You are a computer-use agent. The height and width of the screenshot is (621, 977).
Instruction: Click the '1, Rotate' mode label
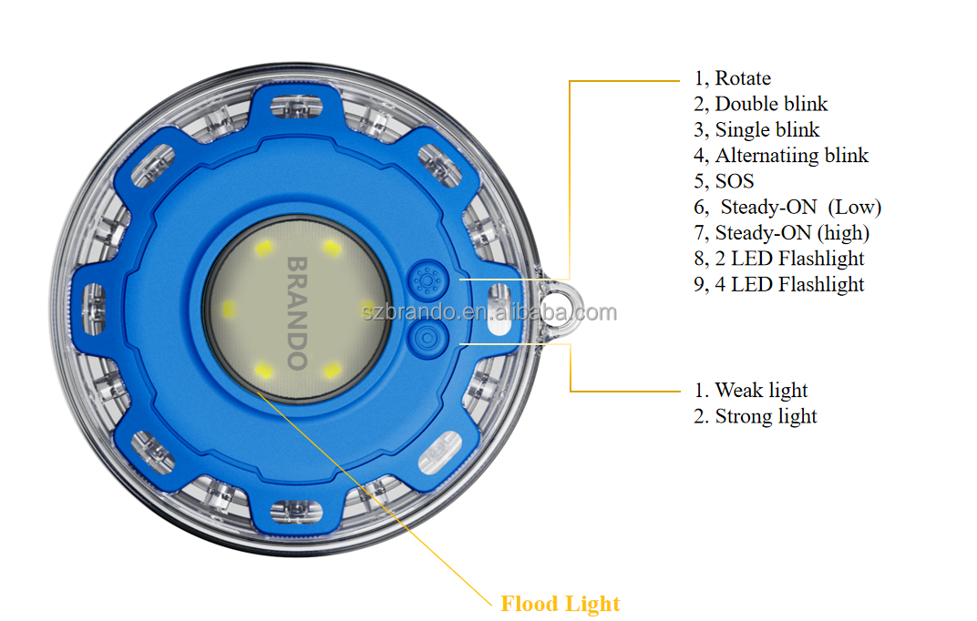(x=732, y=78)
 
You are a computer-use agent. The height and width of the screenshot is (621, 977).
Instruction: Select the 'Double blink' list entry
(x=761, y=104)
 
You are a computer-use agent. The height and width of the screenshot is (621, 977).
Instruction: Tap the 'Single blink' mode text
(x=756, y=130)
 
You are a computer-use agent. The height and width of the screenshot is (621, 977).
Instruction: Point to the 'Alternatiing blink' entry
(x=781, y=156)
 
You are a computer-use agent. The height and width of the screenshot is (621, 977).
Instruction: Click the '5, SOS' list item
(x=724, y=181)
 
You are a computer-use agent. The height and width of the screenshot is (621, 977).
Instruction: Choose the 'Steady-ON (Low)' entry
(x=787, y=208)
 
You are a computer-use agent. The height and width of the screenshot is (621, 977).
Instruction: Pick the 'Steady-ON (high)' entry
(x=781, y=233)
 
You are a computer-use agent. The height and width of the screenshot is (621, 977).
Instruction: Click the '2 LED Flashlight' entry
(x=779, y=259)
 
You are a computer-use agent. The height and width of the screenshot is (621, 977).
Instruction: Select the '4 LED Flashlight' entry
(x=779, y=284)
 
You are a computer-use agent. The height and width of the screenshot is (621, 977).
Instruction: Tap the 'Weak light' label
(x=751, y=390)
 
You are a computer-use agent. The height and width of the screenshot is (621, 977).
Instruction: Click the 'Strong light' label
(x=756, y=416)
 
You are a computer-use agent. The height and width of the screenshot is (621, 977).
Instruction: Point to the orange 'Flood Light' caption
(x=560, y=604)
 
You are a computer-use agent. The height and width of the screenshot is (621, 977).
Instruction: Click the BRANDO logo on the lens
(x=297, y=313)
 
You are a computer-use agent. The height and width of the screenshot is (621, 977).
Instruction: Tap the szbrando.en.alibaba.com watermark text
(x=489, y=311)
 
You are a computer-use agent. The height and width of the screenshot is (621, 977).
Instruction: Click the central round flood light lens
(x=297, y=310)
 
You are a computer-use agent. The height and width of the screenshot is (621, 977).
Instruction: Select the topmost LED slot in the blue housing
(x=296, y=107)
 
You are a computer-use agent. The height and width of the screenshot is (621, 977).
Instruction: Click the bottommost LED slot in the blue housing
(x=296, y=512)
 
